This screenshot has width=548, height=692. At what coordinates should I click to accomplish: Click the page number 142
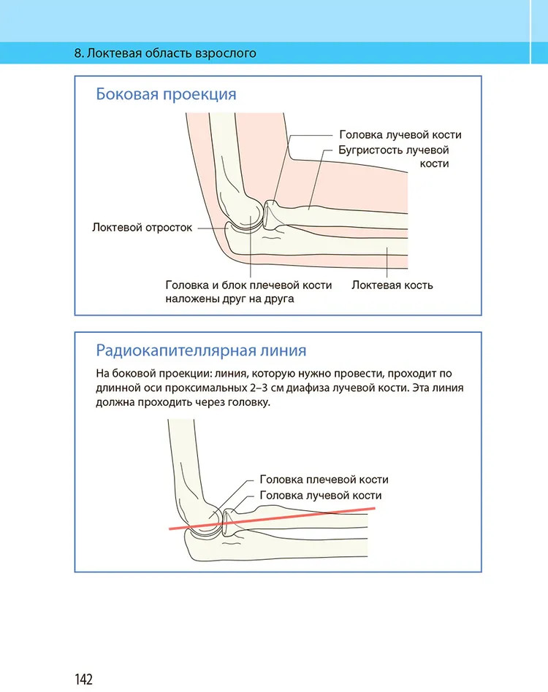83,679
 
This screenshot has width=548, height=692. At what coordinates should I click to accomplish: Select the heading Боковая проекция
166,95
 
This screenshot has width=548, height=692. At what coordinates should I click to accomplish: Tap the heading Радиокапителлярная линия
201,350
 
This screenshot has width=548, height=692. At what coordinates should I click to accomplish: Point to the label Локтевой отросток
142,227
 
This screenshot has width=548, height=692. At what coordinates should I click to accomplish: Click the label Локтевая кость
392,285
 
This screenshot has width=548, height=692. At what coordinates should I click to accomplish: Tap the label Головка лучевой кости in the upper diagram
400,135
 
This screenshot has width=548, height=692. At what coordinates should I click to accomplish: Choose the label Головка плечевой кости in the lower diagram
324,480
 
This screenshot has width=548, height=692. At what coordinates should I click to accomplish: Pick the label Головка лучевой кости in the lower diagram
321,496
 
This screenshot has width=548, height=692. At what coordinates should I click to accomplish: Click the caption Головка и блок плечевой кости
248,285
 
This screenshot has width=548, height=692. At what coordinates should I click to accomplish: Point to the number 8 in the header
78,53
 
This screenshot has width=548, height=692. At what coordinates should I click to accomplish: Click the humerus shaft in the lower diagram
183,460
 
